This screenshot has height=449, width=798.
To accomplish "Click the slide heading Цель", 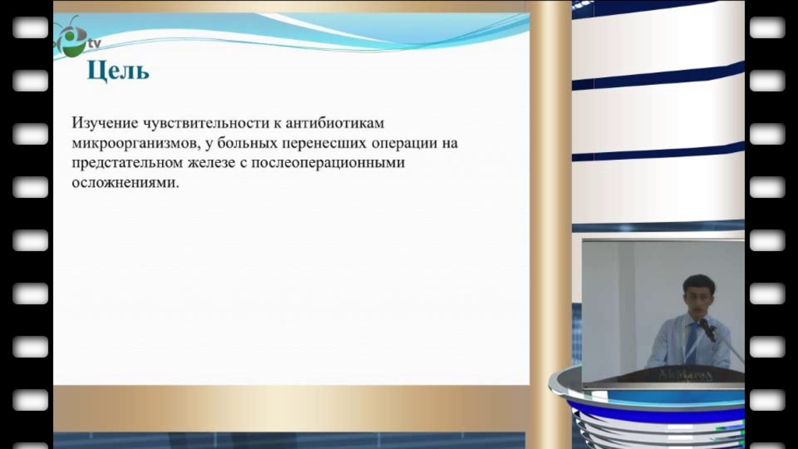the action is coord(118,70).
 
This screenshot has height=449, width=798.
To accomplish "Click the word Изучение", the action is coord(105,124).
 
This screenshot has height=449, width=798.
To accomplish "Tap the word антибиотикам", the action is coord(335,123).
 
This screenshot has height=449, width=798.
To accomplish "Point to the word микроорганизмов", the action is coord(136,143).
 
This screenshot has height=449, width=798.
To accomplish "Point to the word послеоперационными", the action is coord(328,163).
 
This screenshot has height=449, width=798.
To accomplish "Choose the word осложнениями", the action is coord(125,182).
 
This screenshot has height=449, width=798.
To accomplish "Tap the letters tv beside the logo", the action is coord(94,44).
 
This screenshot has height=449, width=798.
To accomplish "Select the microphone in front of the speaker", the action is coord(708,330).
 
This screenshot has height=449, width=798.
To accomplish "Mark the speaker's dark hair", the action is coord(696,282).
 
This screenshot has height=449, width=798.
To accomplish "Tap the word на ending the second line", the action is coord(450,143).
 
